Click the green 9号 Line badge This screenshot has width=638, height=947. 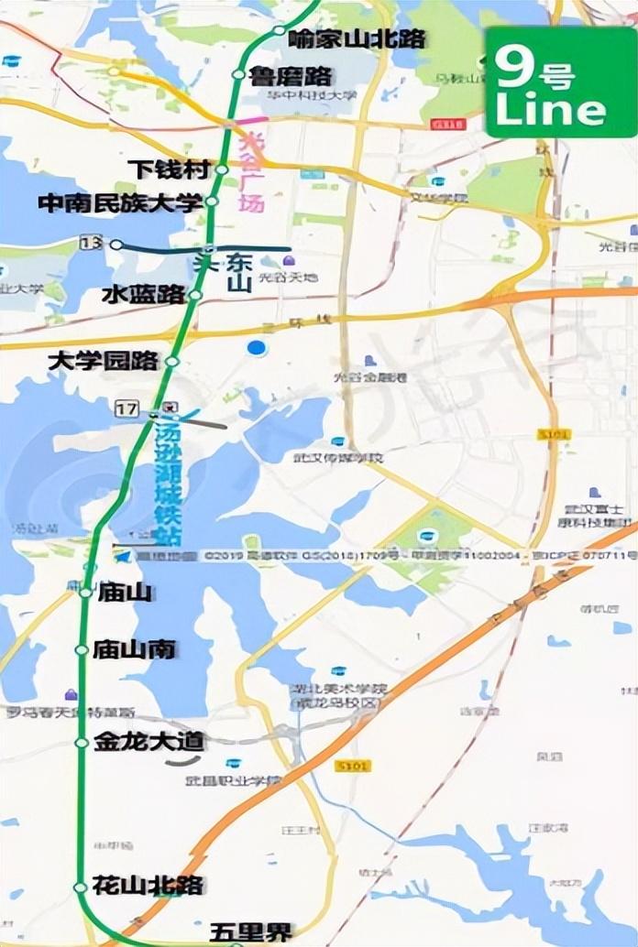coord(558,82)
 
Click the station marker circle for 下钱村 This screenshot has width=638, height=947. coord(221,169)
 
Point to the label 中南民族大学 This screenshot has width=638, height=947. coord(120,202)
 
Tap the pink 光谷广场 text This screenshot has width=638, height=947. coord(250,174)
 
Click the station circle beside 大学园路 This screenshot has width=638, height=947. coord(171,363)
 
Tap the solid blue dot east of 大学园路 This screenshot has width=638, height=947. coord(257,347)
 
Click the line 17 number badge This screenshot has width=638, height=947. coord(126,407)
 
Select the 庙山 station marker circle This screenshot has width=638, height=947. coord(85,593)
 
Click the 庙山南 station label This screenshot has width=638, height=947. coord(134,650)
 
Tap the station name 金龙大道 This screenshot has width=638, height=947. coord(148,743)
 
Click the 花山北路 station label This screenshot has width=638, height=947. coord(148,886)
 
